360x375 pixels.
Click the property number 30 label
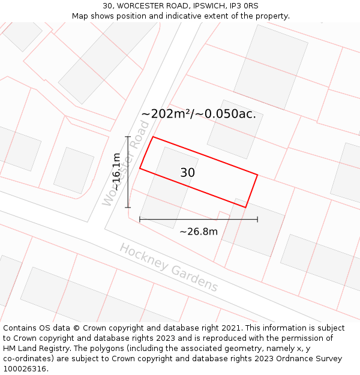[x=188, y=173]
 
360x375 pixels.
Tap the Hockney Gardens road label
[x=169, y=268]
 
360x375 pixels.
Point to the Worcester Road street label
[x=126, y=163]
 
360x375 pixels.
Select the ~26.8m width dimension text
[x=199, y=232]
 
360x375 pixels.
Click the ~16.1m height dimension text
[x=116, y=172]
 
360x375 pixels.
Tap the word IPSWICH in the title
[x=208, y=6]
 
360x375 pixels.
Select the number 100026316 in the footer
[x=25, y=369]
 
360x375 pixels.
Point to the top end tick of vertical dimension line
[x=128, y=137]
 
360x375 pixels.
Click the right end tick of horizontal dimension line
[x=257, y=220]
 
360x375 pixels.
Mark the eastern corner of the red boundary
[x=257, y=175]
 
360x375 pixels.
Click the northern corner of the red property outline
[x=153, y=137]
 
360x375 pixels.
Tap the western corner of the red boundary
[x=140, y=168]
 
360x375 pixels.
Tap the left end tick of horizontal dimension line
[x=140, y=220]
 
